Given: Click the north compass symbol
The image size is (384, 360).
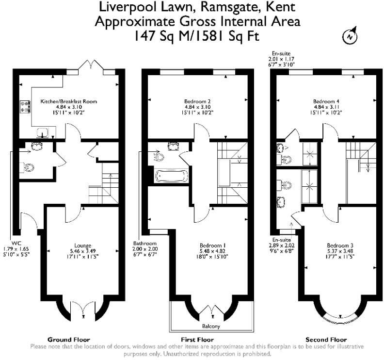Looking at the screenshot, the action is [x=350, y=36].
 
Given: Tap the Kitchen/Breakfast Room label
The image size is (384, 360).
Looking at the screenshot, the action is [x=68, y=101].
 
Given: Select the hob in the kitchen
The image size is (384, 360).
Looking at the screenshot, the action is [x=25, y=107].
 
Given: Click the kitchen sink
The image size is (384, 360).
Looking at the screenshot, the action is [x=43, y=132].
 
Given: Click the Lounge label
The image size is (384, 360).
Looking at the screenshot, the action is [x=83, y=245].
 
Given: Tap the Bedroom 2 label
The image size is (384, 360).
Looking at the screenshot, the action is [x=197, y=101].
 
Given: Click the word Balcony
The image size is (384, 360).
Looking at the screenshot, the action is [x=211, y=326].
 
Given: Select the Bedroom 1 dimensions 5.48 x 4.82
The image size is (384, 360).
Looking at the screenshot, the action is [x=212, y=251].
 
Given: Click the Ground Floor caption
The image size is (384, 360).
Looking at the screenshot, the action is [x=69, y=340].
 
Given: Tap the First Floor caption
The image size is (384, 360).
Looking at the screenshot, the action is [x=197, y=340].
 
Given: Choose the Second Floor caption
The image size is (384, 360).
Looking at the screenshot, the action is [x=326, y=340].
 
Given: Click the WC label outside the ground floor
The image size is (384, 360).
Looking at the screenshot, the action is [x=16, y=243].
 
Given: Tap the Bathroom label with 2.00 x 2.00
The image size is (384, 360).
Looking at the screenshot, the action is [x=145, y=244].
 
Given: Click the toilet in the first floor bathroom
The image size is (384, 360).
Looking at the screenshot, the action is [x=159, y=157].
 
